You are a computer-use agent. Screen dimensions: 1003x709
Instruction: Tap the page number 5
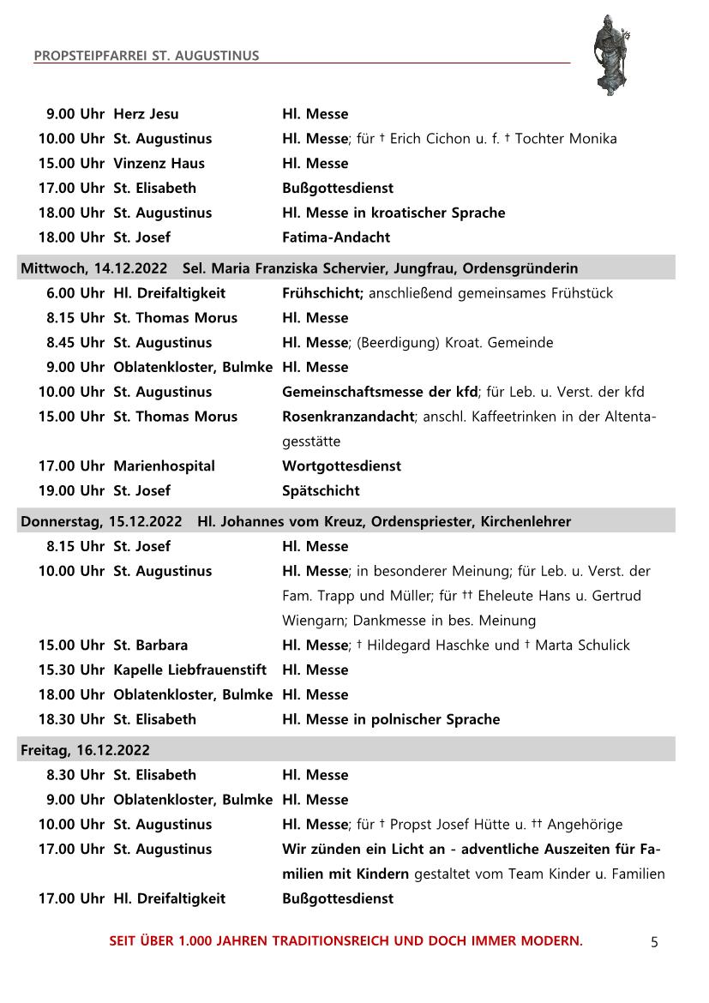pos(654,942)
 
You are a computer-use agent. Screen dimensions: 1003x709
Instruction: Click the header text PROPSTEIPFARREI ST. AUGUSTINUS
pos(147,57)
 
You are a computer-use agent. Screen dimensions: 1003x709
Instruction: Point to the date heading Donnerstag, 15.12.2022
pos(101,521)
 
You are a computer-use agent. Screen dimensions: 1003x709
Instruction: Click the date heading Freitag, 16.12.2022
pos(85,750)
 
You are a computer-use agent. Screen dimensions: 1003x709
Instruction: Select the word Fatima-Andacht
pos(336,237)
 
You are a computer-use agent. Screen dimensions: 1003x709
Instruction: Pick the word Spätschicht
pos(321,491)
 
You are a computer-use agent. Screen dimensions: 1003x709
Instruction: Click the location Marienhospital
pos(164,466)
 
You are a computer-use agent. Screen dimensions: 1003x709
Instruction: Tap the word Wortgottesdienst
pos(341,466)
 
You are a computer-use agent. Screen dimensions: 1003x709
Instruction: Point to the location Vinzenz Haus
pos(159,163)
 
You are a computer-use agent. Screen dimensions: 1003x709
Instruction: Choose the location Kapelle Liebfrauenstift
pos(189,670)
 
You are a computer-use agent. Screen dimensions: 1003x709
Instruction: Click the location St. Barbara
pos(150,645)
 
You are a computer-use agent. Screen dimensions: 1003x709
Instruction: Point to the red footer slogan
pos(345,941)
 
